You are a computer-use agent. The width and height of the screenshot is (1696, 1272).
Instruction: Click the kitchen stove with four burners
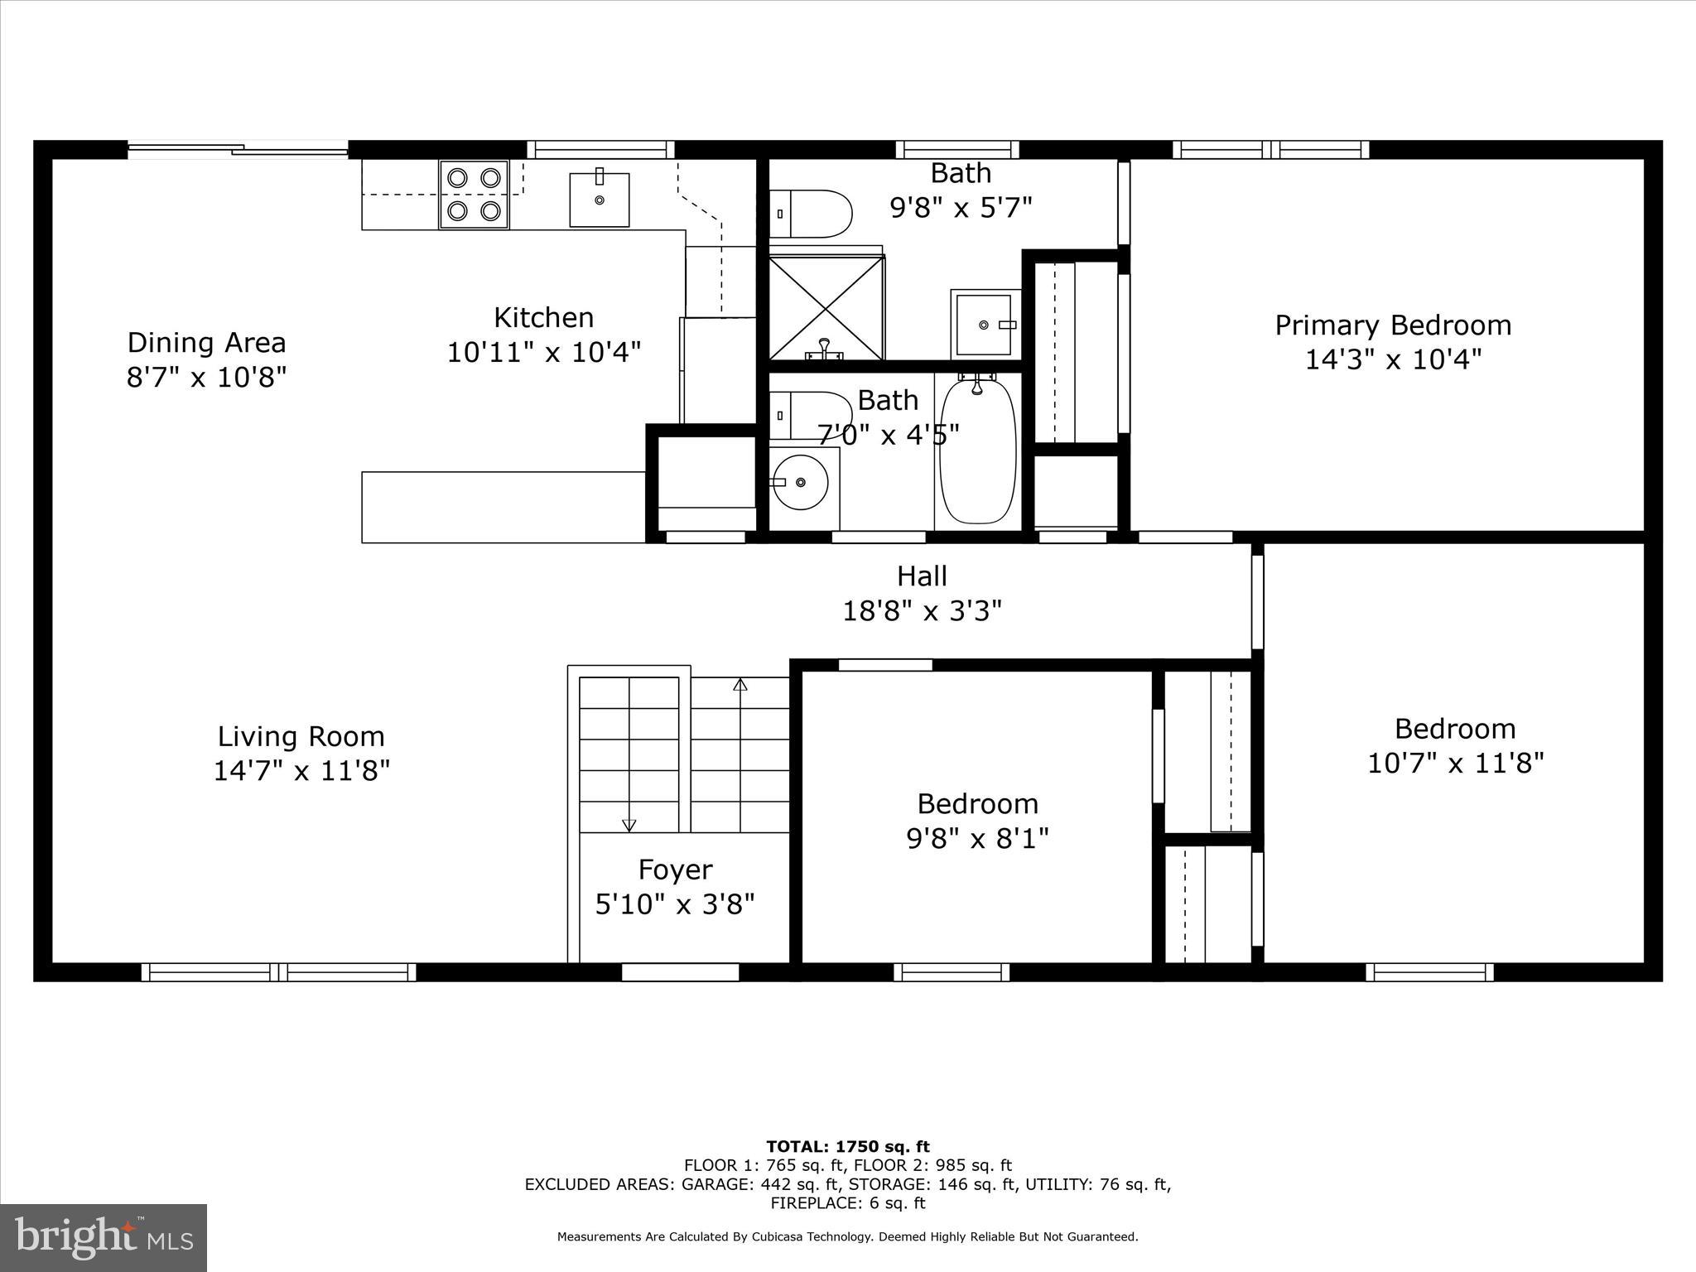click(x=474, y=195)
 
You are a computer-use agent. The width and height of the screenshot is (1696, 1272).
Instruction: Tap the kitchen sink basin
click(x=599, y=200)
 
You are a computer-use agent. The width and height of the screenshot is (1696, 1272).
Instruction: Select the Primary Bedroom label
click(x=1393, y=325)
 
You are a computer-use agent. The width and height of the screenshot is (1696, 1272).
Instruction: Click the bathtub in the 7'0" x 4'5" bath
click(x=977, y=451)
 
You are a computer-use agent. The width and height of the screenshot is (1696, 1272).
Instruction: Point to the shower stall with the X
click(x=826, y=308)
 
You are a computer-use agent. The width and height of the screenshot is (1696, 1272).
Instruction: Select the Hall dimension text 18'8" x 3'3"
click(x=922, y=611)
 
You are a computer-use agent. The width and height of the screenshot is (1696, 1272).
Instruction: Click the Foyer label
click(x=675, y=870)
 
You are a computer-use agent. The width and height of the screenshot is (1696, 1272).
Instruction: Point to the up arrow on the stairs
click(x=740, y=686)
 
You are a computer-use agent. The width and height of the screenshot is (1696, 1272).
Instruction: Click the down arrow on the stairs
click(x=629, y=824)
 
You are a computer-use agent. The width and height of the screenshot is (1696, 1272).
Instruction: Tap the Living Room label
click(x=301, y=736)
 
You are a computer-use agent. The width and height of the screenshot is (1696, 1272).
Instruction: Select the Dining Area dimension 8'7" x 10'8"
click(x=206, y=378)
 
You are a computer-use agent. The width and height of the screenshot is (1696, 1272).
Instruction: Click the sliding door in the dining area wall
click(x=238, y=150)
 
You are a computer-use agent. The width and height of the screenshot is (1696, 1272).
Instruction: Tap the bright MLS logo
click(x=104, y=1237)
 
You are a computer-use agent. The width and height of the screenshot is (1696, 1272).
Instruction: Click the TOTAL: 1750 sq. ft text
click(x=847, y=1147)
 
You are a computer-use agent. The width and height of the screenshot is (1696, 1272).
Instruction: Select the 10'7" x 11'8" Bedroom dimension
click(x=1455, y=763)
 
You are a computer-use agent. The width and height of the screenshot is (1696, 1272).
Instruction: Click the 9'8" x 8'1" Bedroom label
click(x=977, y=804)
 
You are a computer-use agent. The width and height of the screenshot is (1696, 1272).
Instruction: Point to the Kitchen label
click(x=543, y=318)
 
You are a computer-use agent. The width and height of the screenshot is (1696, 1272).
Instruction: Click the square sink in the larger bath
click(x=984, y=325)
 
